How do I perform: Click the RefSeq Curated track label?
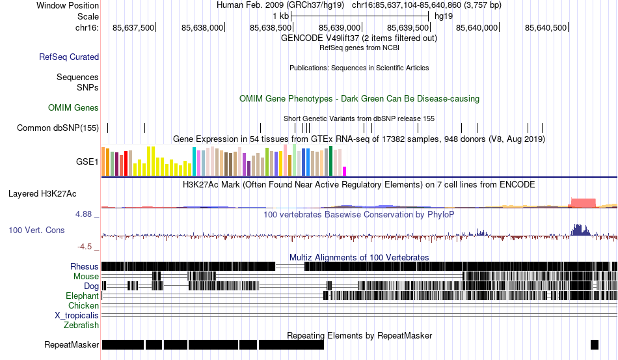coord(69,57)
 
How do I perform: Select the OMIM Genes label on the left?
coord(74,107)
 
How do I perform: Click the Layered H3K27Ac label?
coord(42,193)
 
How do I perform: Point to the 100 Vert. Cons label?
coord(36,230)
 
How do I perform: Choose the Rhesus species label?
coord(85,266)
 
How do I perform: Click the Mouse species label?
coord(86,276)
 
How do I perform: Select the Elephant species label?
coord(82,296)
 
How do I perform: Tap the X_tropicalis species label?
coord(77,315)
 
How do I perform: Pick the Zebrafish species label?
coord(81,325)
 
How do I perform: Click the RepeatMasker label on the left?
coord(72,344)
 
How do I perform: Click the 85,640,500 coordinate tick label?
coord(546,27)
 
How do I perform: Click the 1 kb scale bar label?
coord(280,16)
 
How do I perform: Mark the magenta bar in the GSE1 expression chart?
coord(345,171)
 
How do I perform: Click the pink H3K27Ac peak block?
coord(582,202)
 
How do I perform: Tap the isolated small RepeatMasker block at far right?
coord(594,344)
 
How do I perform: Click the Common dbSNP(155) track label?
coord(58,128)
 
